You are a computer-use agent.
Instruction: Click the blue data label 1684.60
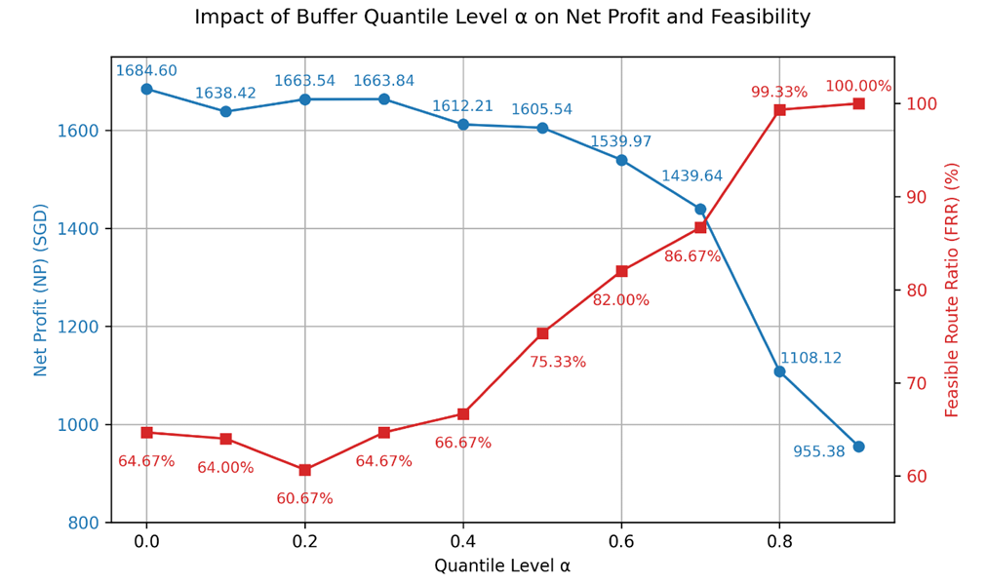[x=146, y=70]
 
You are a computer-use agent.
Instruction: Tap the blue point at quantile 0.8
[x=779, y=371]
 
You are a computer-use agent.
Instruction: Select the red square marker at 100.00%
[x=859, y=103]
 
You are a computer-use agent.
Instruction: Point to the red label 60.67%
[x=304, y=499]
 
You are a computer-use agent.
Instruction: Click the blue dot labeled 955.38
[x=859, y=447]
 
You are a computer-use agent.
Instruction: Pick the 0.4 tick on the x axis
[x=463, y=541]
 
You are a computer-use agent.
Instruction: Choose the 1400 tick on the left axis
[x=77, y=229]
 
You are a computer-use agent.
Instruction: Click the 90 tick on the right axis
[x=916, y=197]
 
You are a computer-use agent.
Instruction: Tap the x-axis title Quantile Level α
[x=502, y=565]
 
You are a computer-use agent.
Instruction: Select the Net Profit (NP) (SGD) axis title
[x=40, y=290]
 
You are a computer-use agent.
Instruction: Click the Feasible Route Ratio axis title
[x=952, y=290]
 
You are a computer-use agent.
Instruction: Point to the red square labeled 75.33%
[x=542, y=333]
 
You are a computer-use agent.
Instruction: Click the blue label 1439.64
[x=692, y=175]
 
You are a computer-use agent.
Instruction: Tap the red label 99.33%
[x=779, y=92]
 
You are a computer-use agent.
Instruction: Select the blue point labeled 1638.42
[x=225, y=111]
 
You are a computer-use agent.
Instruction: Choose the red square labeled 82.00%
[x=621, y=271]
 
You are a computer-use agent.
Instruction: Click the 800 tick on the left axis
[x=84, y=523]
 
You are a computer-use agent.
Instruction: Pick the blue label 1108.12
[x=810, y=358]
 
